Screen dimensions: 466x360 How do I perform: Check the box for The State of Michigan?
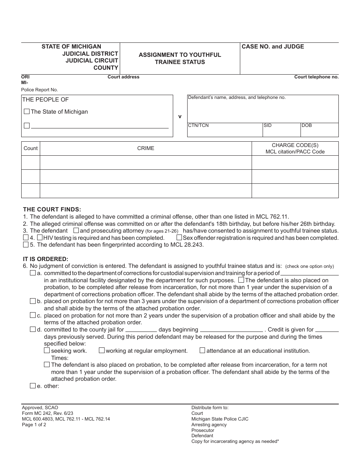[x=27, y=112]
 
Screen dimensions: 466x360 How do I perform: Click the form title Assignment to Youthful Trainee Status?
[x=180, y=58]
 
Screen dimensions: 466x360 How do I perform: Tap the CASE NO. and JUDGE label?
[x=273, y=47]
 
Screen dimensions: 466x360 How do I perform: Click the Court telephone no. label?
[x=316, y=77]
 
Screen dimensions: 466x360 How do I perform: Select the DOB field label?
[x=307, y=125]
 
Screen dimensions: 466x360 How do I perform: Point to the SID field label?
[x=268, y=125]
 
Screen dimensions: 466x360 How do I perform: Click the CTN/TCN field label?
[x=198, y=125]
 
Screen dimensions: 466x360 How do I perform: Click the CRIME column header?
[x=146, y=149]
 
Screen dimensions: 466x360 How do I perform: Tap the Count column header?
[x=31, y=149]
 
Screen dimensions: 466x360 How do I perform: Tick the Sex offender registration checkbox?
[x=179, y=238]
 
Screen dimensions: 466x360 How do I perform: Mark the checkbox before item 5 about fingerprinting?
[x=26, y=244]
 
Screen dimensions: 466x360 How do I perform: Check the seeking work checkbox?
[x=47, y=350]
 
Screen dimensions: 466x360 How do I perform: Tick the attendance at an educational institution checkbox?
[x=202, y=350]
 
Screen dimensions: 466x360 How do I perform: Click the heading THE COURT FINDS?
[x=52, y=209]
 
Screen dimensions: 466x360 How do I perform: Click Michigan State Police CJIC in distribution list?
[x=220, y=419]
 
